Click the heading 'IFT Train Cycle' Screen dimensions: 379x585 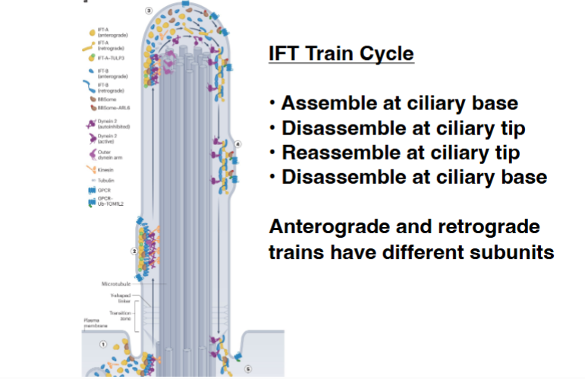pos(341,55)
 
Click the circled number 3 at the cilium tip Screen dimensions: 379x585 pos(149,11)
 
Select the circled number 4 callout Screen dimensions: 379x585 pos(237,144)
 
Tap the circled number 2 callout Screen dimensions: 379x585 pos(134,251)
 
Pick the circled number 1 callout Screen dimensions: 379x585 pos(103,344)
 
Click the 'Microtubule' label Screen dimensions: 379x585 pos(115,283)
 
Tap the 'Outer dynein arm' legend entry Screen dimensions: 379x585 pos(105,156)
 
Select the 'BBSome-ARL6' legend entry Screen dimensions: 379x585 pos(110,109)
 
